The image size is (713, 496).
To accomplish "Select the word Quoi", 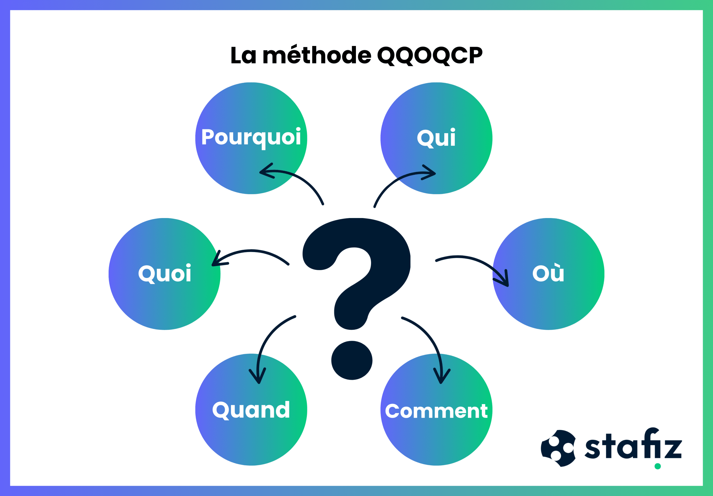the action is pyautogui.click(x=165, y=274).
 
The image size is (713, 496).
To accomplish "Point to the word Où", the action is pyautogui.click(x=548, y=272).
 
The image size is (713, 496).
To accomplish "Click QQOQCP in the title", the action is pyautogui.click(x=430, y=56).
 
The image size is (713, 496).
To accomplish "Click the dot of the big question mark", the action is pyautogui.click(x=351, y=360).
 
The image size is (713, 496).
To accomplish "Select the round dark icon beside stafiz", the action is pyautogui.click(x=558, y=448).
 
